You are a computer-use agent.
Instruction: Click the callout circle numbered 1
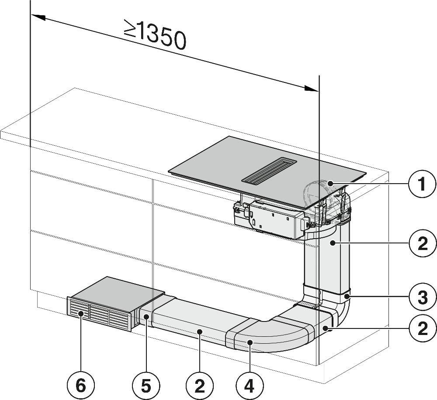pyautogui.click(x=422, y=184)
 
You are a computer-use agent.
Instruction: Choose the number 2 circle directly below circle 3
pyautogui.click(x=422, y=327)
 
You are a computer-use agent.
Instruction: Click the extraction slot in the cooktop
pyautogui.click(x=269, y=170)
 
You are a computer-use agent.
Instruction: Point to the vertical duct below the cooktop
pyautogui.click(x=327, y=262)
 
